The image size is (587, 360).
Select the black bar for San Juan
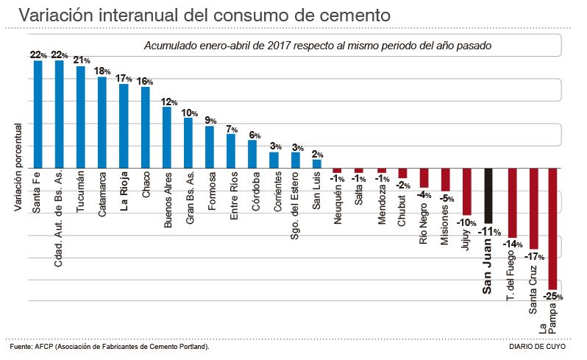click(488, 195)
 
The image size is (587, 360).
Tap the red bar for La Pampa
click(553, 228)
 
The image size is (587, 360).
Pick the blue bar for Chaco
click(145, 127)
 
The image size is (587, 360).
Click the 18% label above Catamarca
click(102, 71)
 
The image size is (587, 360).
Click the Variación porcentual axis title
click(18, 166)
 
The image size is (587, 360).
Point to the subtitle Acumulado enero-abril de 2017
click(318, 46)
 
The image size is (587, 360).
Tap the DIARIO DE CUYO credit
click(537, 346)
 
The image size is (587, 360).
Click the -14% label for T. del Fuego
click(512, 244)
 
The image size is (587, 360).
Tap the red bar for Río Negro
click(424, 177)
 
